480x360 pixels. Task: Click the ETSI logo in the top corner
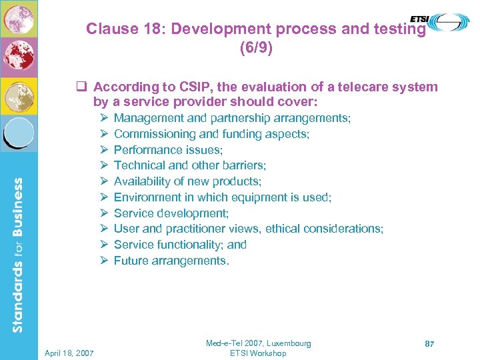pyautogui.click(x=449, y=22)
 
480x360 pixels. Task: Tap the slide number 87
pyautogui.click(x=430, y=343)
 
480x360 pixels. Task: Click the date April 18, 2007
pyautogui.click(x=70, y=353)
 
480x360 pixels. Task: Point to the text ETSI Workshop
pyautogui.click(x=258, y=353)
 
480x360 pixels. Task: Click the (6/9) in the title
pyautogui.click(x=256, y=49)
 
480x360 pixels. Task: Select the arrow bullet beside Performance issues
pyautogui.click(x=104, y=150)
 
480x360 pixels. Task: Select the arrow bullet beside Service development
pyautogui.click(x=104, y=213)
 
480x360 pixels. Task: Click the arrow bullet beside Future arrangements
pyautogui.click(x=104, y=261)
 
